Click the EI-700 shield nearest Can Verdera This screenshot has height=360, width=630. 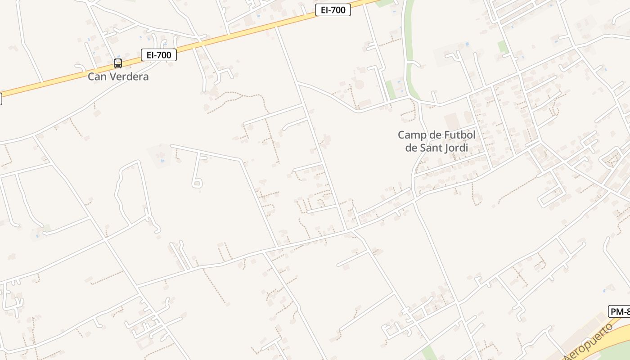[159, 55]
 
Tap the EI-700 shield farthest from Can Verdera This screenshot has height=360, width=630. [333, 10]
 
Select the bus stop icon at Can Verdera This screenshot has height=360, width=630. [118, 63]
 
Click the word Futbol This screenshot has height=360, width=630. [460, 135]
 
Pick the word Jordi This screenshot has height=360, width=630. [456, 148]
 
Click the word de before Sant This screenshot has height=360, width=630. [411, 148]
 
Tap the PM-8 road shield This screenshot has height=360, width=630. [620, 311]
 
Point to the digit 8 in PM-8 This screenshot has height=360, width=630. [627, 311]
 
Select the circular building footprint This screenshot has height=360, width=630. [359, 84]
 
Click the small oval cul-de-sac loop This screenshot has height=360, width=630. [197, 184]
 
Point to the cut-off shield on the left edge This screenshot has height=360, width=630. [1, 99]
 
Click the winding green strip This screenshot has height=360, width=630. [408, 49]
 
